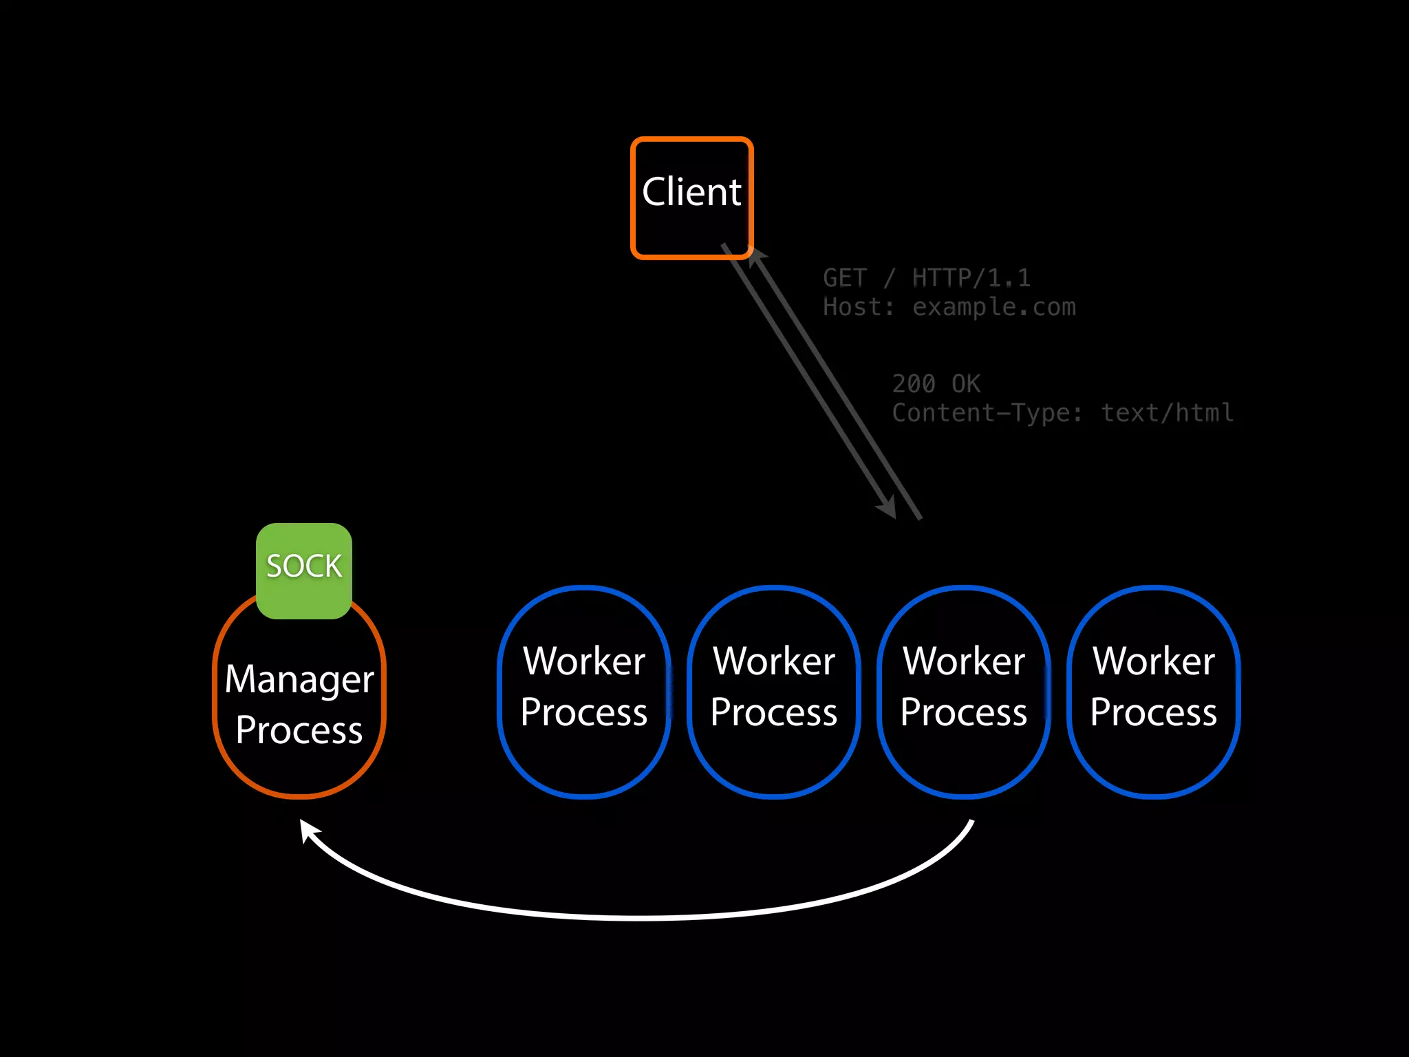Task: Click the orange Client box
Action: (691, 197)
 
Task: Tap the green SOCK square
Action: (303, 570)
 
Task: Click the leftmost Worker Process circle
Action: (584, 691)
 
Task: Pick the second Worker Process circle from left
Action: (774, 691)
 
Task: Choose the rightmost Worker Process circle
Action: (1154, 691)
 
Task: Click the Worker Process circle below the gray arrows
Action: (964, 691)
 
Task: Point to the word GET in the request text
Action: (844, 278)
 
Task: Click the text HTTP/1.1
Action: (971, 278)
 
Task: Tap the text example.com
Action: (993, 307)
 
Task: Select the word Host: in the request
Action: (859, 307)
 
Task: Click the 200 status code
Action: (914, 384)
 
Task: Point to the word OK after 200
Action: (966, 384)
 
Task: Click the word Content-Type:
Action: (987, 413)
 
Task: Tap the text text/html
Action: (1168, 413)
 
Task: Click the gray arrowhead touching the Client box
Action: (756, 257)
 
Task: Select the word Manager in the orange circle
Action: (299, 680)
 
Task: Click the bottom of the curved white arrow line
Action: (640, 918)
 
